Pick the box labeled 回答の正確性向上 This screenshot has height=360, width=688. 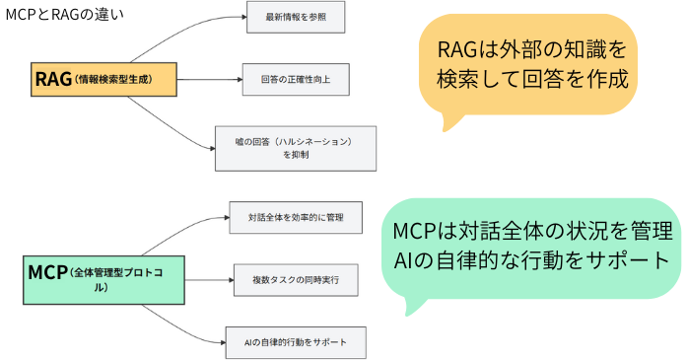point(295,79)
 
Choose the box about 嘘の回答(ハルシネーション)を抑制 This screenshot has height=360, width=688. point(297,148)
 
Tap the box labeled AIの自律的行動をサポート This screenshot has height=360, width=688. point(296,341)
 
